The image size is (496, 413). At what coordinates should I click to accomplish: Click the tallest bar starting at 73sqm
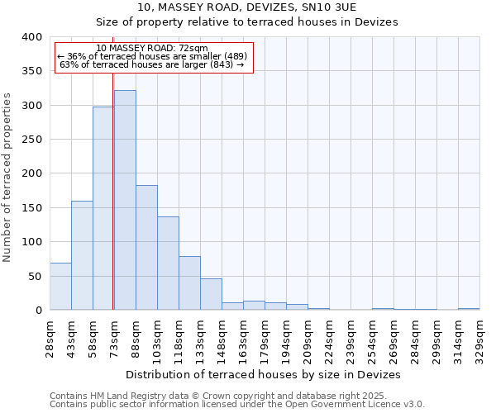coord(125,200)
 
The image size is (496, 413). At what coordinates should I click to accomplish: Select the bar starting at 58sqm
coord(103,208)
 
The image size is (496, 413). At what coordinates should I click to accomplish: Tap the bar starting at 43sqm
coord(82,255)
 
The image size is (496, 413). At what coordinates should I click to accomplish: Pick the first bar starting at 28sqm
coord(60,286)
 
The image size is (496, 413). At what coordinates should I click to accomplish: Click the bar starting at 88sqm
coord(146,247)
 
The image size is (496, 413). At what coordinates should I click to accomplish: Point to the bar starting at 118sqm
coord(189,282)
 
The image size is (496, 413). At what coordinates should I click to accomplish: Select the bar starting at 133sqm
coord(211,294)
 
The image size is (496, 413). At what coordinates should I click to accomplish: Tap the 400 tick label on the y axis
coord(31,37)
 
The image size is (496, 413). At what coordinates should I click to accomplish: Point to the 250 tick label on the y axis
coord(31,140)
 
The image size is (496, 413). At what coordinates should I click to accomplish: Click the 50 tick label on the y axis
coord(35,276)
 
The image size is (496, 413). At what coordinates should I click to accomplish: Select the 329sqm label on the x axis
coord(479,337)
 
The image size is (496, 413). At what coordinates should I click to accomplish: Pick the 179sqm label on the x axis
coord(265,337)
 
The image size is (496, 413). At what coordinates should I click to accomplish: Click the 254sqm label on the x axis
coord(372,337)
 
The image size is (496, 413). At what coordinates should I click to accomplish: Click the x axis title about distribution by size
coord(265,374)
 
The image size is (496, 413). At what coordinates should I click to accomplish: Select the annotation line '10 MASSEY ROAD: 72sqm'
coord(152,48)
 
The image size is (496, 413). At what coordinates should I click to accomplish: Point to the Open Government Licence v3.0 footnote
coord(237,404)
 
